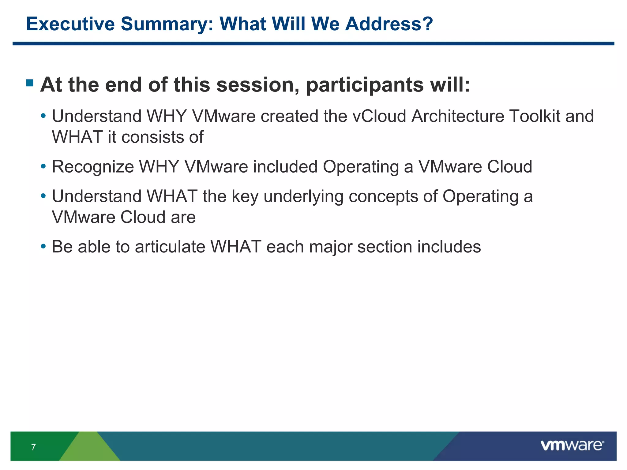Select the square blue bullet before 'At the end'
30,83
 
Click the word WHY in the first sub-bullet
167,116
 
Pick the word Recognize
93,167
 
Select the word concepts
383,197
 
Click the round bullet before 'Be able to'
43,246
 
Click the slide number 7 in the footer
33,447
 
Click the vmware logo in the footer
572,446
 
